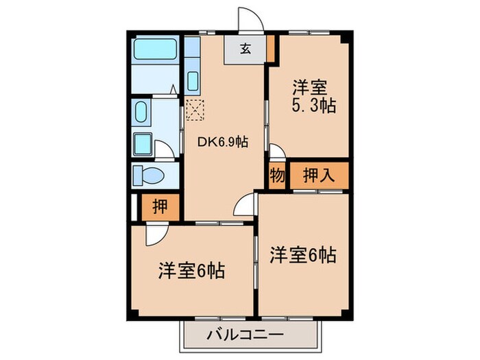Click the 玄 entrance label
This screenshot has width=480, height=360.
point(245,49)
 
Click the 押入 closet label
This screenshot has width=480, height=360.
point(317,175)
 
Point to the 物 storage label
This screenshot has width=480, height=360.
point(276,175)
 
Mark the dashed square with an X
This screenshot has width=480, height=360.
point(195,108)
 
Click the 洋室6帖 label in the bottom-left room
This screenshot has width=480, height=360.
point(193,268)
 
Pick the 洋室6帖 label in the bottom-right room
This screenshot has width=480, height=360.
point(302,256)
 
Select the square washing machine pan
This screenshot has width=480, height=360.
point(143,145)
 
